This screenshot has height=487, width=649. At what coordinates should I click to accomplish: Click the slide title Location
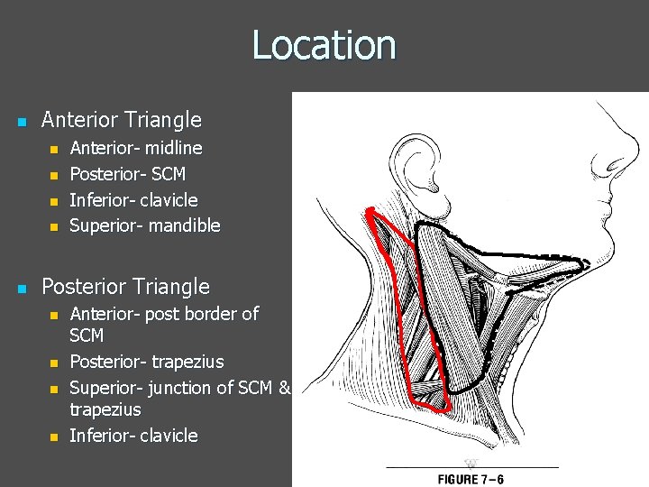(324, 45)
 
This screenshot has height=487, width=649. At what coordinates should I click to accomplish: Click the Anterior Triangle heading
(122, 120)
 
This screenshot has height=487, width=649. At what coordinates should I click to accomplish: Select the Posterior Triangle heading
(125, 288)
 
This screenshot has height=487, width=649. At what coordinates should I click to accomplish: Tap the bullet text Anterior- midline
(136, 147)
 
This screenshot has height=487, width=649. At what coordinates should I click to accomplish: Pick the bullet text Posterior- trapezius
(147, 362)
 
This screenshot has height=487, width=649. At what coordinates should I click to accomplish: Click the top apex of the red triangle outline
(370, 210)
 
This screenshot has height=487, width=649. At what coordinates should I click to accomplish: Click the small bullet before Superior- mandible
(53, 226)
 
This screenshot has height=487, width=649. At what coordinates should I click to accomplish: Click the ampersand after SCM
(285, 388)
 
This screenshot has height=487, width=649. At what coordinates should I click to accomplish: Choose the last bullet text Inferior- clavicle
(133, 436)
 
